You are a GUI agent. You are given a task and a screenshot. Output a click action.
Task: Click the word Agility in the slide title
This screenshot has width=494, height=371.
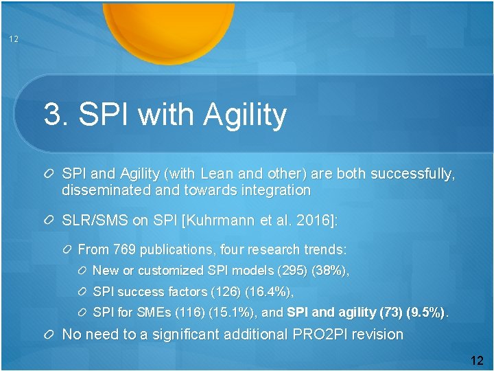[x=245, y=115]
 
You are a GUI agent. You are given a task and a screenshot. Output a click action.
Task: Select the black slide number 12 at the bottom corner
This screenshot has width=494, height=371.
[x=477, y=360]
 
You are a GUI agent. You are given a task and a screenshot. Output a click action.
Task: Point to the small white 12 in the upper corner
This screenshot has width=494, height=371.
[x=14, y=39]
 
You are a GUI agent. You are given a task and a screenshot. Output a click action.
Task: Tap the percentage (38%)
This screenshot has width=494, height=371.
[x=329, y=271]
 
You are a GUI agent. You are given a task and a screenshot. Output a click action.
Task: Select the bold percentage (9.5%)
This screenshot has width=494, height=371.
[x=426, y=313]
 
